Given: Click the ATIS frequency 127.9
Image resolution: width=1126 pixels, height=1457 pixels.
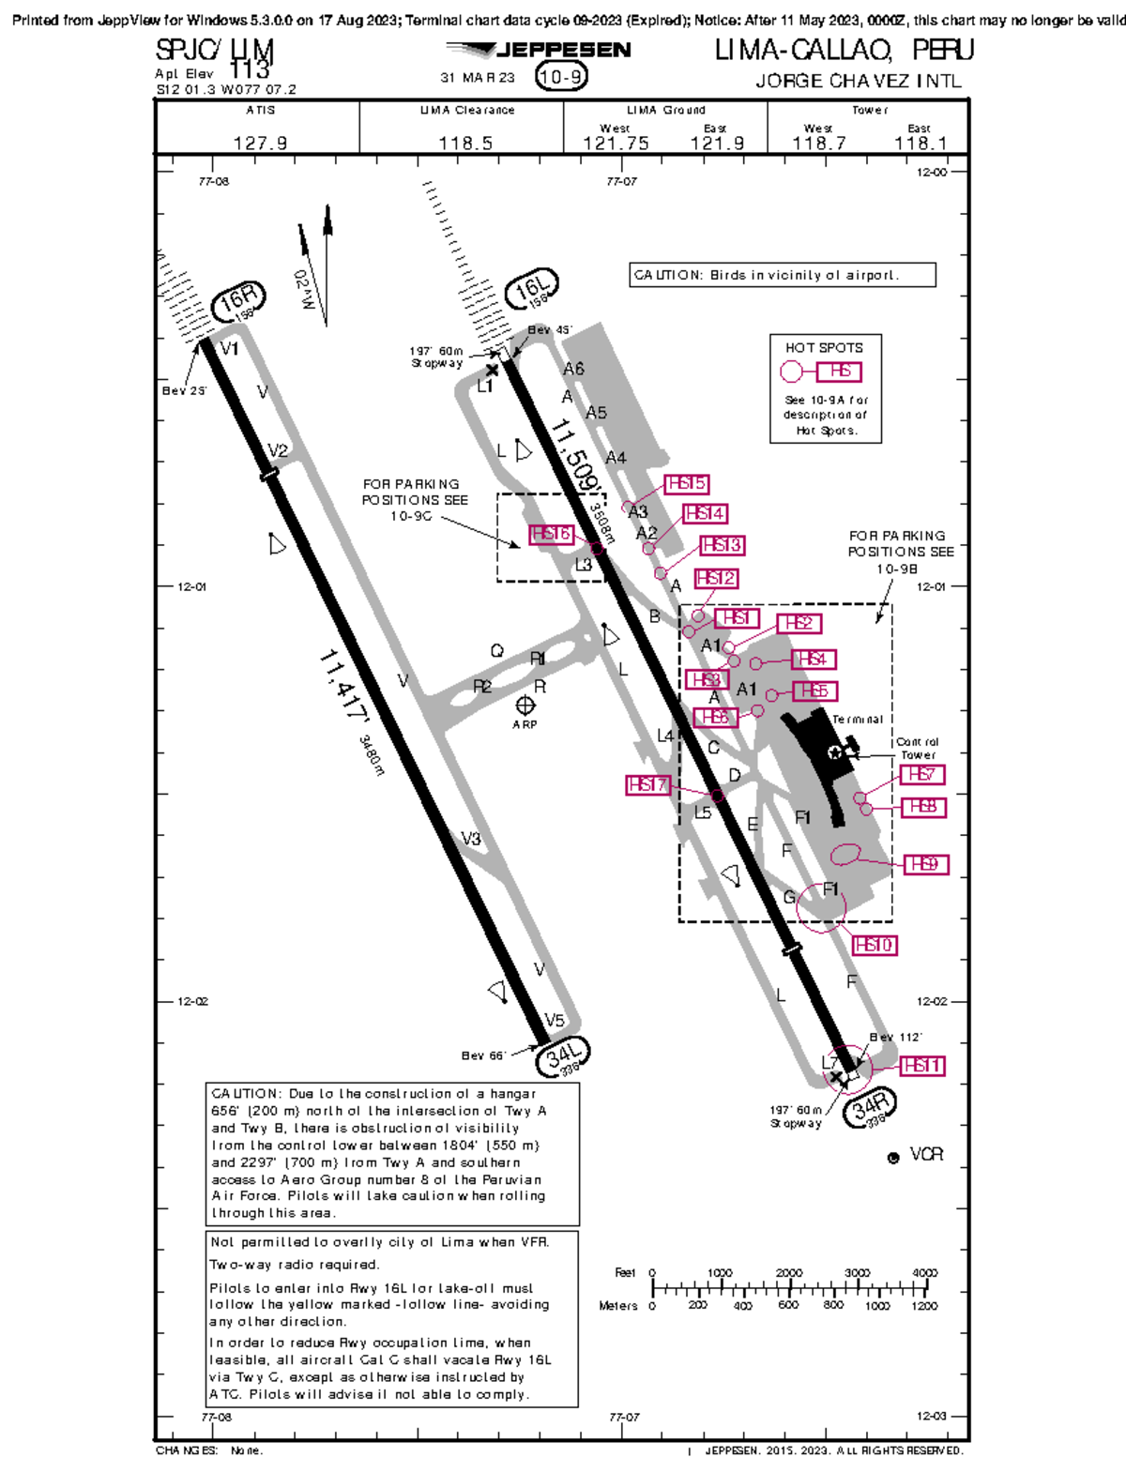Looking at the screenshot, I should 260,143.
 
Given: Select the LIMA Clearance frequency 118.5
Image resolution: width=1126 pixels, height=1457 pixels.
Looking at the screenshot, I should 465,143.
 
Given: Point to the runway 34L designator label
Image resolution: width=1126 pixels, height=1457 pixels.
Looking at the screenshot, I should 564,1056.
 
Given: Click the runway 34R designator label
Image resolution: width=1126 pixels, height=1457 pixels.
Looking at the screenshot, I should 869,1108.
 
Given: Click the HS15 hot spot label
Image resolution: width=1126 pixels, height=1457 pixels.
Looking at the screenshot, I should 686,484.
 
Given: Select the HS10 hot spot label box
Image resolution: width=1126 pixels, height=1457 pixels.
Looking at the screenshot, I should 875,945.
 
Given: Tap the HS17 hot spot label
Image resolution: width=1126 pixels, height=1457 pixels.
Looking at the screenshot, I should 648,784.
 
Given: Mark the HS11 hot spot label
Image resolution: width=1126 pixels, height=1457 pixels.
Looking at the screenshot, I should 921,1066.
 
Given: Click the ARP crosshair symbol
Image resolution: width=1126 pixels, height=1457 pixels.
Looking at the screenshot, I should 525,706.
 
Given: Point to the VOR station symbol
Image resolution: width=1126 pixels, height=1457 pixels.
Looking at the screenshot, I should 893,1158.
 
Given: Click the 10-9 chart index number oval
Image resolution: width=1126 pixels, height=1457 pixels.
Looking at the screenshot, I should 561,77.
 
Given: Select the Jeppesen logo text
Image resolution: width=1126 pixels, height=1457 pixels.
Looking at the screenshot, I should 562,51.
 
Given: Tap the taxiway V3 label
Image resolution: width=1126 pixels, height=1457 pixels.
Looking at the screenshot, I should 471,839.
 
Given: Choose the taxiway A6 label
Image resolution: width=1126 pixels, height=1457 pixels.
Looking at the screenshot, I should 573,369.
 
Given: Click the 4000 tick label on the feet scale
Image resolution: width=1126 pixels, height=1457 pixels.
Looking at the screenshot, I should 924,1273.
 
